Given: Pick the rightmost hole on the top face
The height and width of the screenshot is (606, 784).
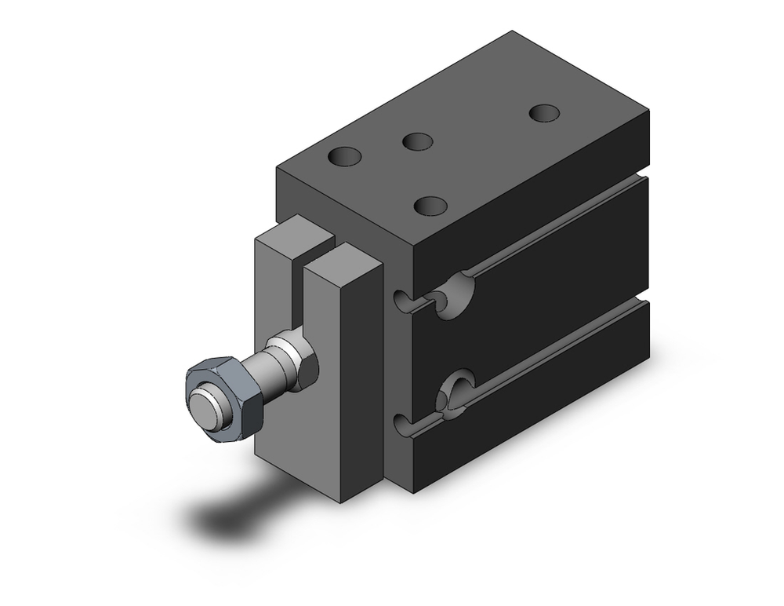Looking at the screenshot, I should click(546, 113).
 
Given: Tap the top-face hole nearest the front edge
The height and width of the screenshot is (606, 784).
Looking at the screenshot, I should click(430, 206).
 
